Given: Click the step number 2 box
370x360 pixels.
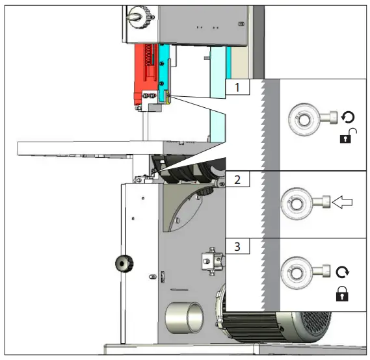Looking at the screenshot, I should point(238,180).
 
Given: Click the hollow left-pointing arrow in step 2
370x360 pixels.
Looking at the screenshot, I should point(341,203).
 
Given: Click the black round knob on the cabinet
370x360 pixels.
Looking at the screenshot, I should point(122,263).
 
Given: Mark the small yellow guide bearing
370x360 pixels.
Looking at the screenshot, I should point(168,98).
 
